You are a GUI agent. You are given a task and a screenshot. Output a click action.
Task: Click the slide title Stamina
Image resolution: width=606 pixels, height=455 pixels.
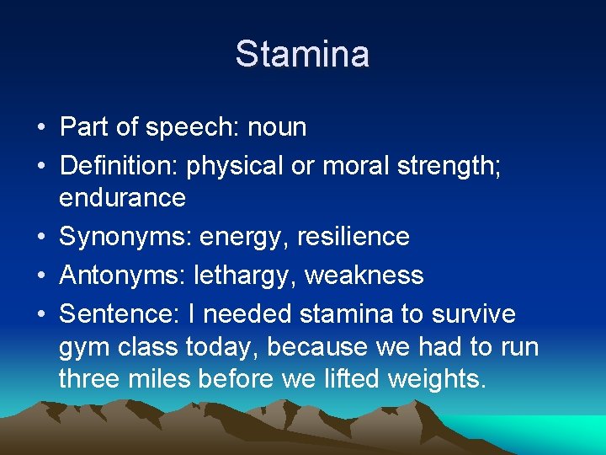coord(302,54)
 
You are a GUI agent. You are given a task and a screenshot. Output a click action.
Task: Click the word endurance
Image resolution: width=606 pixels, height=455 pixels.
coord(122,198)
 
